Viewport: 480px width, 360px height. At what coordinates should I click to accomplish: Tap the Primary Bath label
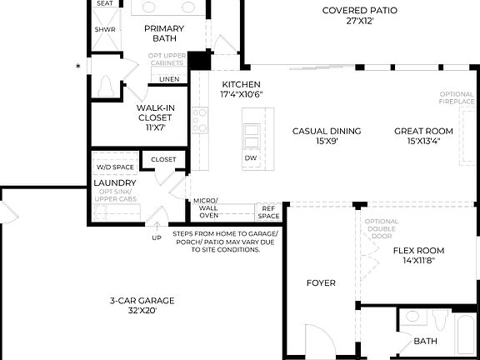pyautogui.click(x=164, y=34)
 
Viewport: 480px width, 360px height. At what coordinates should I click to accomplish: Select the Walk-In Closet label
pyautogui.click(x=153, y=117)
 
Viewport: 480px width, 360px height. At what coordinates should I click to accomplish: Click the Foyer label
pyautogui.click(x=321, y=283)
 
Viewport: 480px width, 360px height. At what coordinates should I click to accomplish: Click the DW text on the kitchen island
pyautogui.click(x=250, y=157)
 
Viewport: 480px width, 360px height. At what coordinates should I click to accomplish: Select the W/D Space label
pyautogui.click(x=115, y=167)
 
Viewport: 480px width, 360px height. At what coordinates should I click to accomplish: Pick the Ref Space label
pyautogui.click(x=268, y=212)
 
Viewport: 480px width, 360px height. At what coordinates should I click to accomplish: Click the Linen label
pyautogui.click(x=169, y=79)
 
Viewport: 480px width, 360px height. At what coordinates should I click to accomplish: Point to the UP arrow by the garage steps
pyautogui.click(x=156, y=227)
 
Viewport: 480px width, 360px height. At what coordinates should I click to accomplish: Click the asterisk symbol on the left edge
pyautogui.click(x=77, y=66)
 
